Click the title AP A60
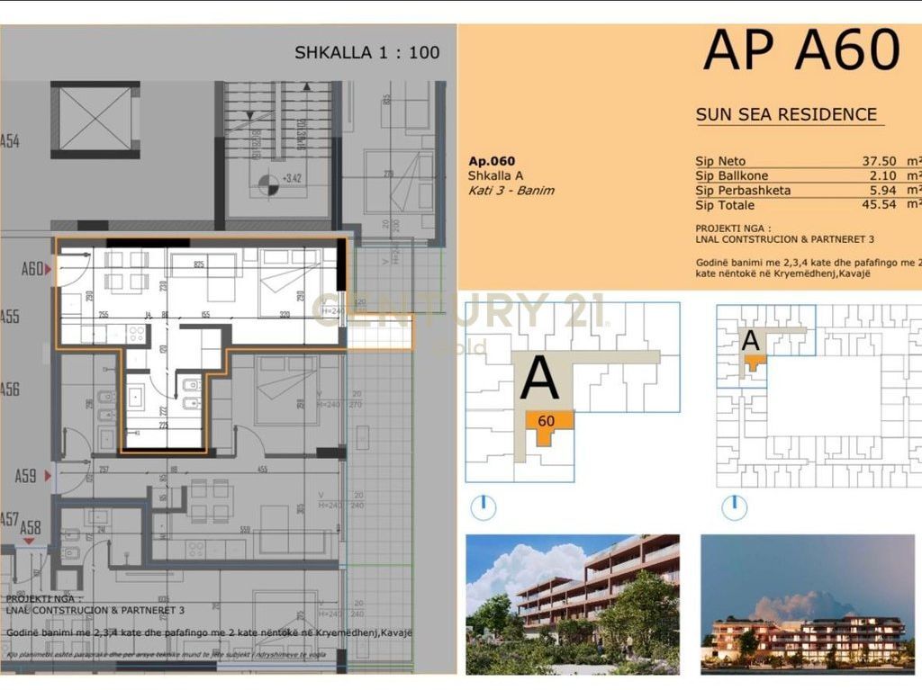click(800, 50)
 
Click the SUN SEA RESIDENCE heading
click(786, 114)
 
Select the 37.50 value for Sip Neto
click(882, 162)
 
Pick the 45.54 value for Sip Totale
click(882, 205)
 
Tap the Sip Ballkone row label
click(731, 176)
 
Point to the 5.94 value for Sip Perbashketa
click(887, 191)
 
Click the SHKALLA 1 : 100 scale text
click(367, 52)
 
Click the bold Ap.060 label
click(492, 161)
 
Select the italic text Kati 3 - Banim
click(511, 191)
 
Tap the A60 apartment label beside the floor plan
click(32, 269)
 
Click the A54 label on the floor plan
click(10, 141)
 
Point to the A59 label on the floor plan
click(26, 476)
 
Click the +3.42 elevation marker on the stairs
click(291, 179)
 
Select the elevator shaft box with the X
click(95, 119)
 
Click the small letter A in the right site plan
click(750, 341)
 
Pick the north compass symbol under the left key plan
click(484, 506)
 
